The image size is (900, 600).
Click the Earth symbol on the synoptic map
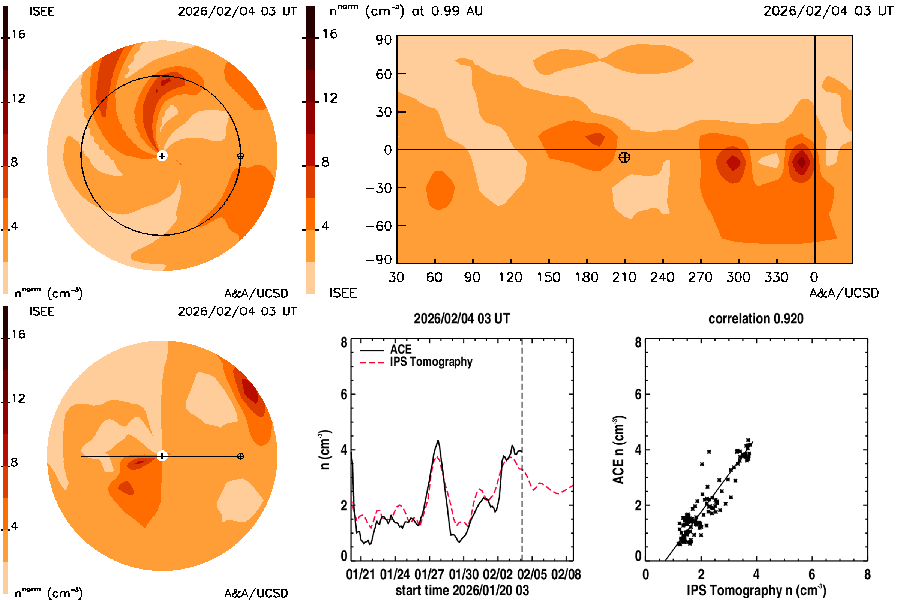tap(624, 157)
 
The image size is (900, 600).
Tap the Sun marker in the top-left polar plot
tap(162, 156)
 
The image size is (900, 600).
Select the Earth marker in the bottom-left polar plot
tap(240, 456)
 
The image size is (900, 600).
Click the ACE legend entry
tap(400, 349)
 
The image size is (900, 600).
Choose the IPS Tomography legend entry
tap(431, 362)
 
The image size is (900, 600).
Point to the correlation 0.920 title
tap(756, 319)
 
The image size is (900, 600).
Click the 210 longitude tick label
tap(624, 277)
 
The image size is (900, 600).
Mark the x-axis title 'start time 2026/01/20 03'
tap(462, 590)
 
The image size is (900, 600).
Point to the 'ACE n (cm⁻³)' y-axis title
tap(618, 450)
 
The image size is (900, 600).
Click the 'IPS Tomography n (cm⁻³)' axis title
tap(756, 590)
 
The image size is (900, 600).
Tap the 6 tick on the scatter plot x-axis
tap(812, 574)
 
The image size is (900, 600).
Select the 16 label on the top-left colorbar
tap(18, 34)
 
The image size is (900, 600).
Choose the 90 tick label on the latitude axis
tap(383, 40)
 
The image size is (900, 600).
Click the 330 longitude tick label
tap(776, 277)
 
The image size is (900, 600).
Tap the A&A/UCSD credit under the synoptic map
tap(844, 293)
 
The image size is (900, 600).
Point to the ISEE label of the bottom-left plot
tap(42, 312)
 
